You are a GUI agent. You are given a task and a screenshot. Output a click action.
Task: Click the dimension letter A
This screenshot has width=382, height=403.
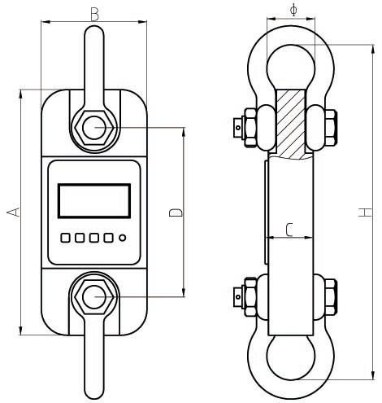point(14,212)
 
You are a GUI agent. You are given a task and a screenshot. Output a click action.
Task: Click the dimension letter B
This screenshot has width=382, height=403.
point(94,15)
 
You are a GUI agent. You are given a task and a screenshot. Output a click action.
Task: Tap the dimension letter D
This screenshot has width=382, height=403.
point(176,212)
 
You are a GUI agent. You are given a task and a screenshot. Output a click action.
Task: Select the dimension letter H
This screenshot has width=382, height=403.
point(364,212)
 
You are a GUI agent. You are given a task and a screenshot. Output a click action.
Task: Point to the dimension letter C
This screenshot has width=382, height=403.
point(289,230)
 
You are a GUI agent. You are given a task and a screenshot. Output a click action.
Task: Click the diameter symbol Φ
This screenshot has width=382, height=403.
point(293,10)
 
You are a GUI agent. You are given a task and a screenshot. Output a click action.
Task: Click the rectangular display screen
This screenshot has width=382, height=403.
point(94,201)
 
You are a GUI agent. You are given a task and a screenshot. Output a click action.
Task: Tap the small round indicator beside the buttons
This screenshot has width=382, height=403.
point(123,238)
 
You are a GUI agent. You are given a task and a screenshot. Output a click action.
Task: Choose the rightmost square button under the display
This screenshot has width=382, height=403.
point(108,238)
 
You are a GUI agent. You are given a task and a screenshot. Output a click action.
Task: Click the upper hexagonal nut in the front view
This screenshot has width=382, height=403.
point(93,128)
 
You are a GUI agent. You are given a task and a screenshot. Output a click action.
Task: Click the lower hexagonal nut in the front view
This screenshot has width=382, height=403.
point(93,297)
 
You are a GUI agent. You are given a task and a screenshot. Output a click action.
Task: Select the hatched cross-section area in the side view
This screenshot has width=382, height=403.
point(291,125)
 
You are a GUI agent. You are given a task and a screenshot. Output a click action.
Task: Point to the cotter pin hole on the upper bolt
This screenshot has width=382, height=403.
point(238,127)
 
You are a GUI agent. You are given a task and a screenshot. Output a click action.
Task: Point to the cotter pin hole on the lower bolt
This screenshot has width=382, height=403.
point(238,297)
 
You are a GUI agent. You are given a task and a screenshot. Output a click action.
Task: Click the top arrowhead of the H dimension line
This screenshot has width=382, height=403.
point(373,50)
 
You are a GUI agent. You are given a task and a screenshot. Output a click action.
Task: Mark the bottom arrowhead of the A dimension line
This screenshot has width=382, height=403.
point(20,330)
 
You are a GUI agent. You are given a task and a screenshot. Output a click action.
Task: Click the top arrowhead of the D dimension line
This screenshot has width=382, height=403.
point(184,132)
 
